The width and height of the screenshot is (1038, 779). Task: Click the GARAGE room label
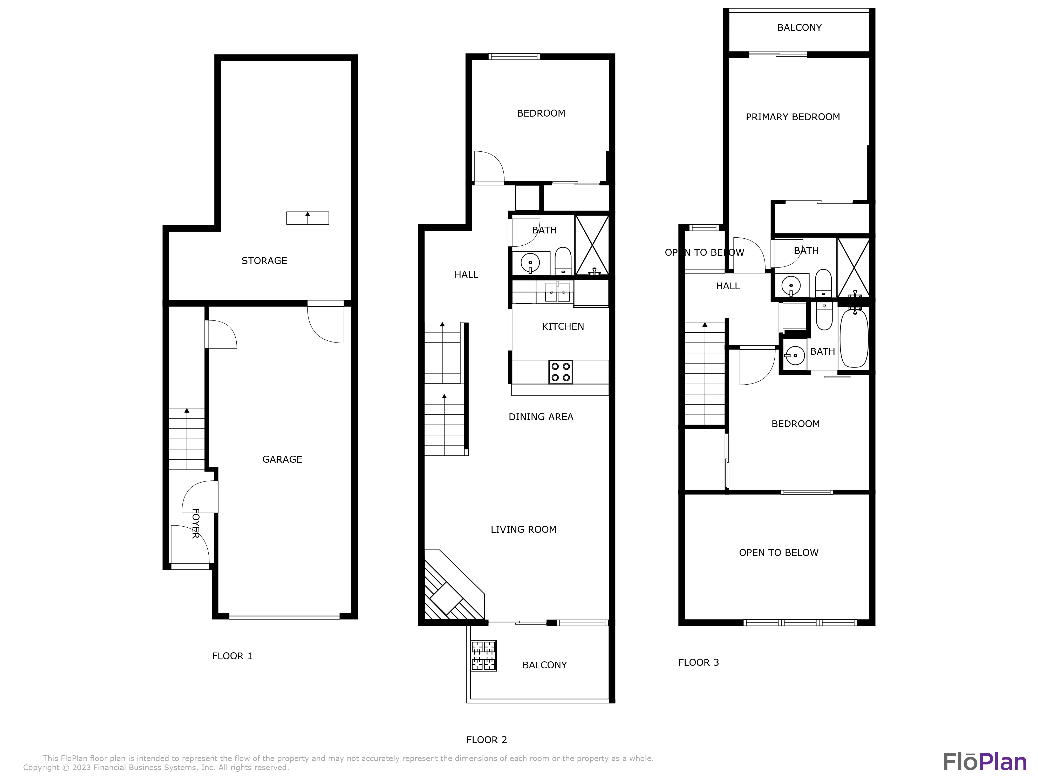coord(282,459)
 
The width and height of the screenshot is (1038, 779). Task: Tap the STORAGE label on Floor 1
coord(264,261)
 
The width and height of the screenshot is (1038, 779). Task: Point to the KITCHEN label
coord(563,326)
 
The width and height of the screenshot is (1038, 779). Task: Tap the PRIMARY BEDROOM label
coord(793,117)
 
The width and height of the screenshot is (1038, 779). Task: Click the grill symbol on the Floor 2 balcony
coord(484,655)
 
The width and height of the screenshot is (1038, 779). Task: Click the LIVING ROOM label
coord(523,529)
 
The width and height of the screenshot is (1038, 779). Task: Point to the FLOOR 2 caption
coord(487,740)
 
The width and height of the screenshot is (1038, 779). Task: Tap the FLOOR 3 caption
coord(698,662)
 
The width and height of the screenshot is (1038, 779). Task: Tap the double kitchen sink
coord(557,292)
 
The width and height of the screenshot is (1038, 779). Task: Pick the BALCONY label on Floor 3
coord(799,28)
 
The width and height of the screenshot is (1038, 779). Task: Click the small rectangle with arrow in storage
coord(307,218)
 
